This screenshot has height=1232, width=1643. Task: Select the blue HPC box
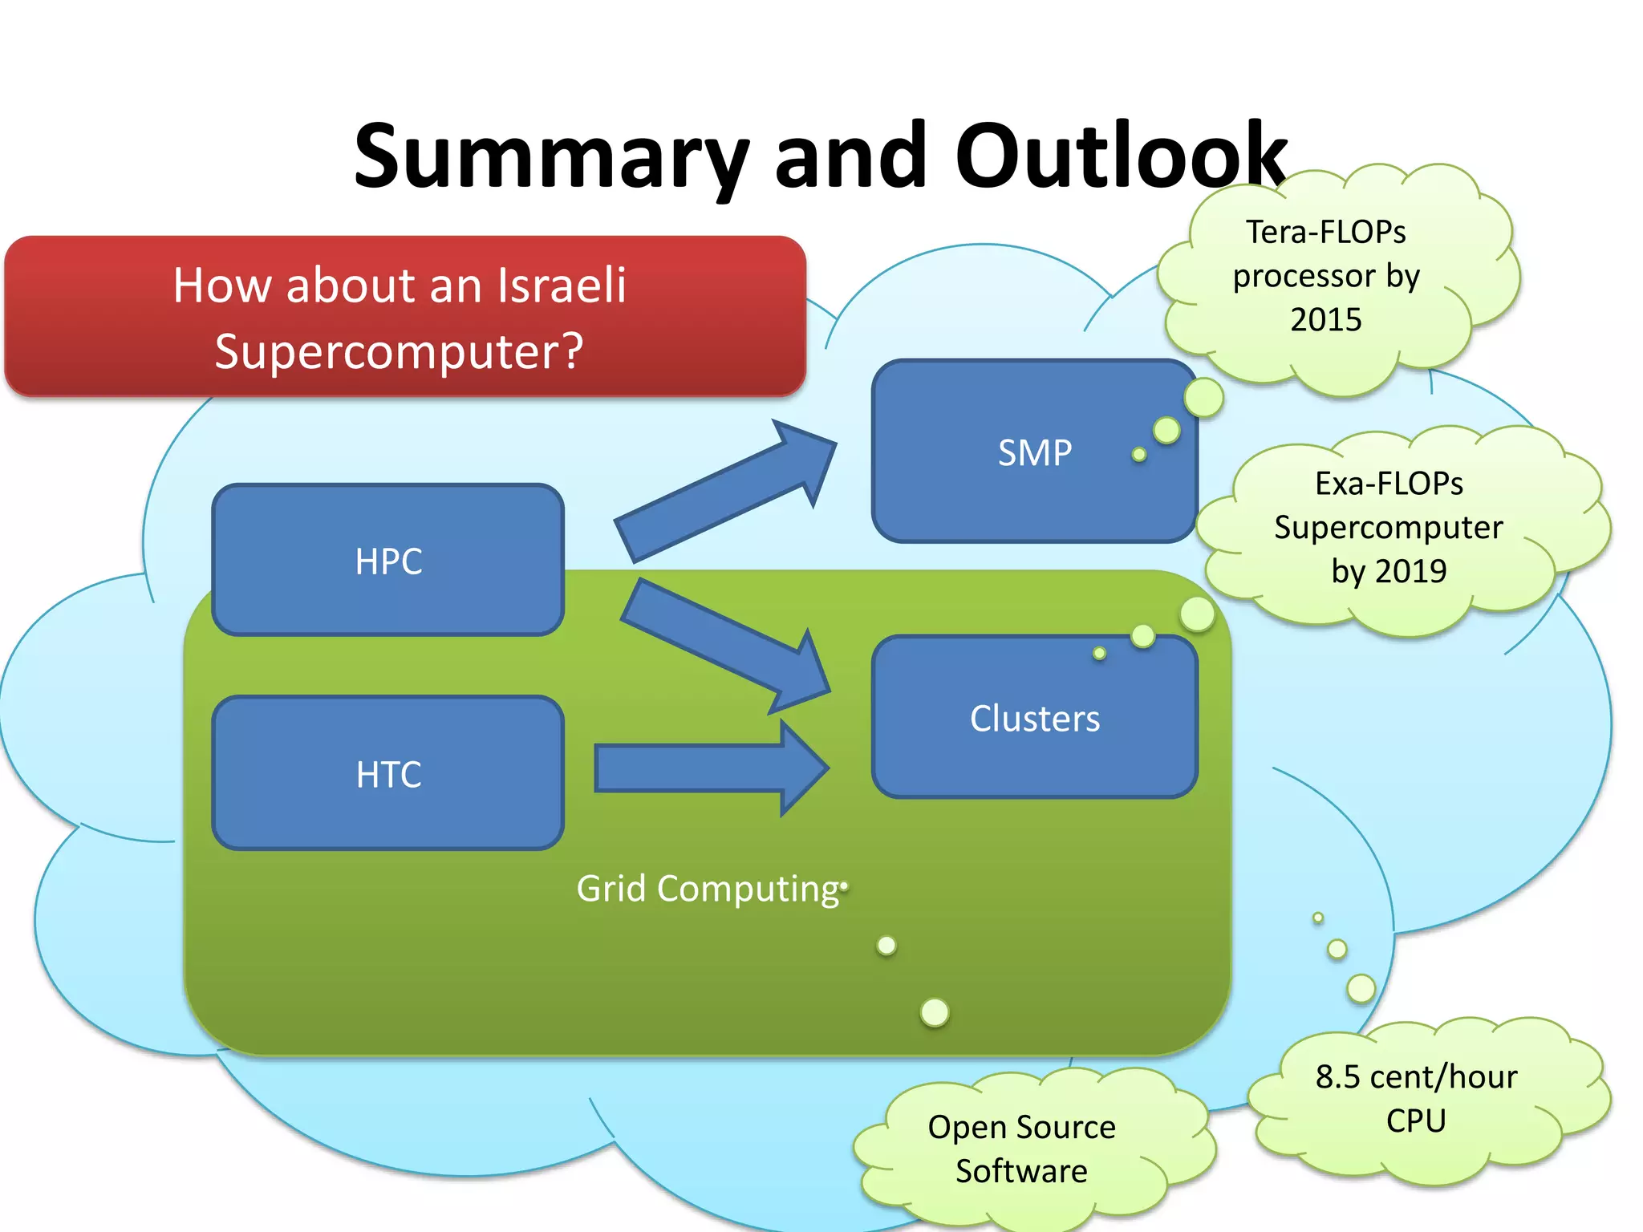tap(388, 561)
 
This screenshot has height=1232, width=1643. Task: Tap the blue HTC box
tap(388, 774)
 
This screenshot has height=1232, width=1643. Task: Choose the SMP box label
tap(1034, 453)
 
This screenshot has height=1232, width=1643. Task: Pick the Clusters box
tap(1034, 718)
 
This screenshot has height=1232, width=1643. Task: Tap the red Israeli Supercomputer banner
tap(404, 317)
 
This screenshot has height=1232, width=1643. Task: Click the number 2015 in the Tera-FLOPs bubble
tap(1325, 320)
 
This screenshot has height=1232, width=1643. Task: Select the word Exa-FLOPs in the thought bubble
tap(1389, 484)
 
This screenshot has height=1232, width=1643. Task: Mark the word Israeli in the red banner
tap(561, 286)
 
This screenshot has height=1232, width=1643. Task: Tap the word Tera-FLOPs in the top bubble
tap(1325, 233)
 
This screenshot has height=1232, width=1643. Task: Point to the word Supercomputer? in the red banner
tap(399, 351)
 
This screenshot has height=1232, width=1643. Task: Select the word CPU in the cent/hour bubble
tap(1416, 1121)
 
